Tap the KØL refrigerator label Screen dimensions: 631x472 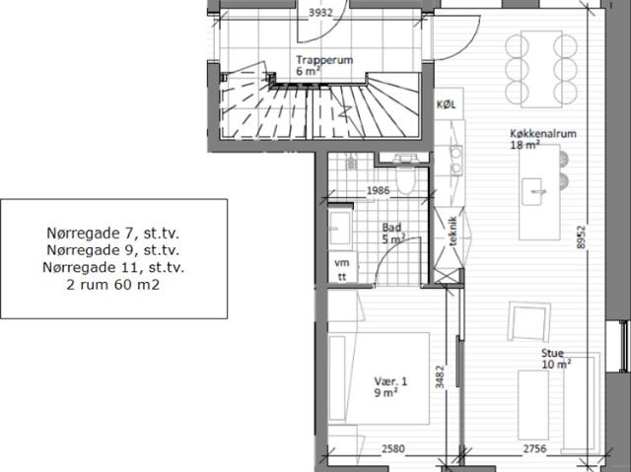(x=447, y=104)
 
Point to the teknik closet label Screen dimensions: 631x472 (x=453, y=232)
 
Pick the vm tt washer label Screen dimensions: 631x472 (x=342, y=270)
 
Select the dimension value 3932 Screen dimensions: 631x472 (x=320, y=13)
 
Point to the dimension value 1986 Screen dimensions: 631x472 (x=379, y=190)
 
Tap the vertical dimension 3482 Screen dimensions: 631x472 (x=441, y=376)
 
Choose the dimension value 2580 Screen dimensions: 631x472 (x=392, y=448)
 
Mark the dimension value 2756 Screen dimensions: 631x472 (x=534, y=448)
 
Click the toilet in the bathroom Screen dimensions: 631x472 (x=404, y=173)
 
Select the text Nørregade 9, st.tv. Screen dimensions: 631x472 (x=113, y=250)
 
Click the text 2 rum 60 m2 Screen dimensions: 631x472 (x=113, y=285)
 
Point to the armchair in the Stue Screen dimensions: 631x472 (x=528, y=321)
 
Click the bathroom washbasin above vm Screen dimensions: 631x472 (x=340, y=228)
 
